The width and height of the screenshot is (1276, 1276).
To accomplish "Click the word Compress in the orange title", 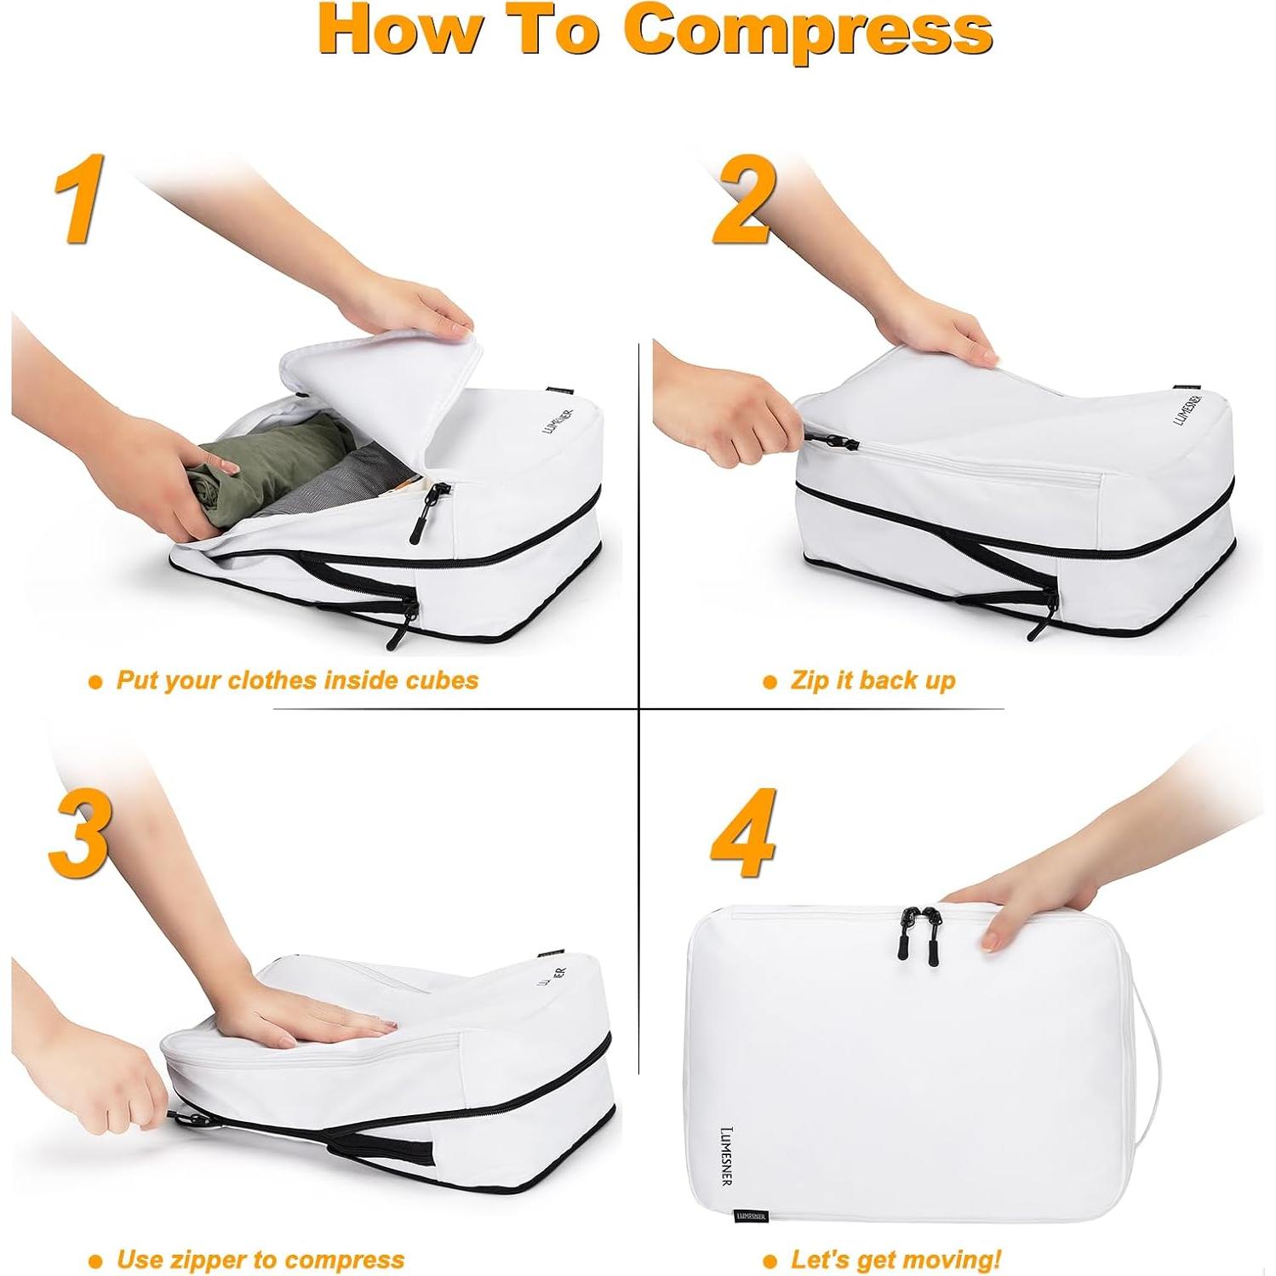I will point(808,31).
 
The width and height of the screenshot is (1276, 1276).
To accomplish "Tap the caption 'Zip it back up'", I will point(872,681).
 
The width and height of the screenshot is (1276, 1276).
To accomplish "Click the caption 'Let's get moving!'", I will point(895,1259).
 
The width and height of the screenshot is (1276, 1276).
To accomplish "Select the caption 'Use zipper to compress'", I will point(260,1259).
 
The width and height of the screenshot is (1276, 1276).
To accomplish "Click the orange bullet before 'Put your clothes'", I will point(95,682).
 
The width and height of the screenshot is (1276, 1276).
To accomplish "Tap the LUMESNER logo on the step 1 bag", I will point(558,421).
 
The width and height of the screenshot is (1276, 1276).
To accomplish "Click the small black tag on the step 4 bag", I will point(751,1216).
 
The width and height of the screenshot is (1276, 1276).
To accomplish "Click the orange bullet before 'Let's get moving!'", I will point(770,1261).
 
